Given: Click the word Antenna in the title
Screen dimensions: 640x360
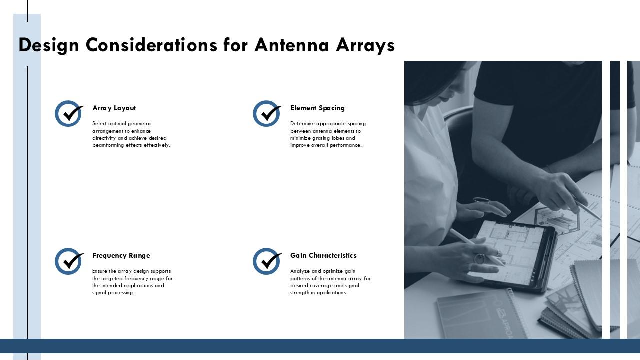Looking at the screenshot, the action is [x=292, y=45].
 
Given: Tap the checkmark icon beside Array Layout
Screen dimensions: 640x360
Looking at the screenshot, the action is [x=69, y=113].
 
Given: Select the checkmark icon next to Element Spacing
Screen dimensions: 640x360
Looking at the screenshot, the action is [x=267, y=113].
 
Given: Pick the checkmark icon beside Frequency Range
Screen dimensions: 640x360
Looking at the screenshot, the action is [x=69, y=261].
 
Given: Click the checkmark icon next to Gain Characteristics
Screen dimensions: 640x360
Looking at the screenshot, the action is [x=267, y=261].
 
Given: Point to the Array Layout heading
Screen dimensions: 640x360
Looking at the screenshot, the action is [x=114, y=108].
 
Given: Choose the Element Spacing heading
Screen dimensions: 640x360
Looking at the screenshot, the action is [x=317, y=108].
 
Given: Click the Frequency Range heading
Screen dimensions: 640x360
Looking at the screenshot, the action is [x=121, y=255].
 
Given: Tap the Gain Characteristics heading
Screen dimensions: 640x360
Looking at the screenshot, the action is [x=323, y=255].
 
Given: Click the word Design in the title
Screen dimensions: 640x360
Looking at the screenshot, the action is [x=49, y=45].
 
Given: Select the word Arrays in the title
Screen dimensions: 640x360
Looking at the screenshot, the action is [x=365, y=45].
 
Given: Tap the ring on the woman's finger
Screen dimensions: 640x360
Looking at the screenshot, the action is [x=479, y=259].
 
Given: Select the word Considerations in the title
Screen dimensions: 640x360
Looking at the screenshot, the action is [x=151, y=45].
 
